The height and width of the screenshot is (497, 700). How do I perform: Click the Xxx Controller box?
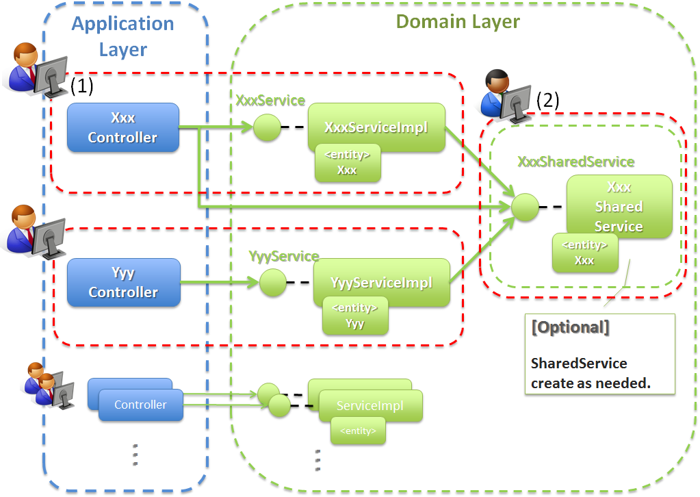pos(123,128)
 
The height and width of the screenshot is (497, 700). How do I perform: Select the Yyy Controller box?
pos(123,283)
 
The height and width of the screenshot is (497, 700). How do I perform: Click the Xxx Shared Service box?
pos(619,205)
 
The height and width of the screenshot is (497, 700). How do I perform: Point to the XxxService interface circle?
pos(267,127)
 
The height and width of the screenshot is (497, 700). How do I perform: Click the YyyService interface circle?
pos(272,283)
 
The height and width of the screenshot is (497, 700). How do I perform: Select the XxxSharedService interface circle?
pos(526,207)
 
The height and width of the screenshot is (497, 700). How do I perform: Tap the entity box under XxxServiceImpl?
pos(347,163)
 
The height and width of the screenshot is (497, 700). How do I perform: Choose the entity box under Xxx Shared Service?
pos(584,253)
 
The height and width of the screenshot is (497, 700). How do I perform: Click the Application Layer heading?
pos(123,36)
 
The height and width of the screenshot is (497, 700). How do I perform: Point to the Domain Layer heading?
pos(458,21)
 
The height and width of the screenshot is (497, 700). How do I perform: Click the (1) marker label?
pos(81,86)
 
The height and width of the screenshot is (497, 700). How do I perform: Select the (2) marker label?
pos(547,100)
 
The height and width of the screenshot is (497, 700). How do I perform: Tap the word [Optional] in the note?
pos(570,327)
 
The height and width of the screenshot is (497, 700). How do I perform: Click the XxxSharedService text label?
pos(575,162)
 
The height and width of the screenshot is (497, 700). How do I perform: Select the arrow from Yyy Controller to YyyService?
pos(220,282)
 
